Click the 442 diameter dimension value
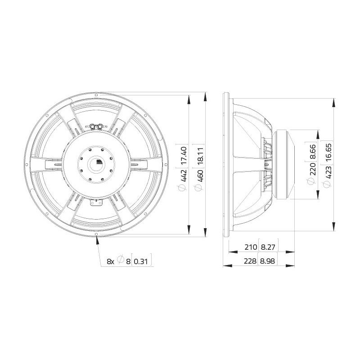tap(184, 175)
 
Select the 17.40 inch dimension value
tap(184, 155)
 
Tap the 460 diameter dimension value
tap(200, 176)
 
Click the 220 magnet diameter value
tap(313, 169)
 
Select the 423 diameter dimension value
tap(328, 172)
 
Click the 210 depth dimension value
tap(251, 247)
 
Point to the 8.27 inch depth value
tap(268, 247)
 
